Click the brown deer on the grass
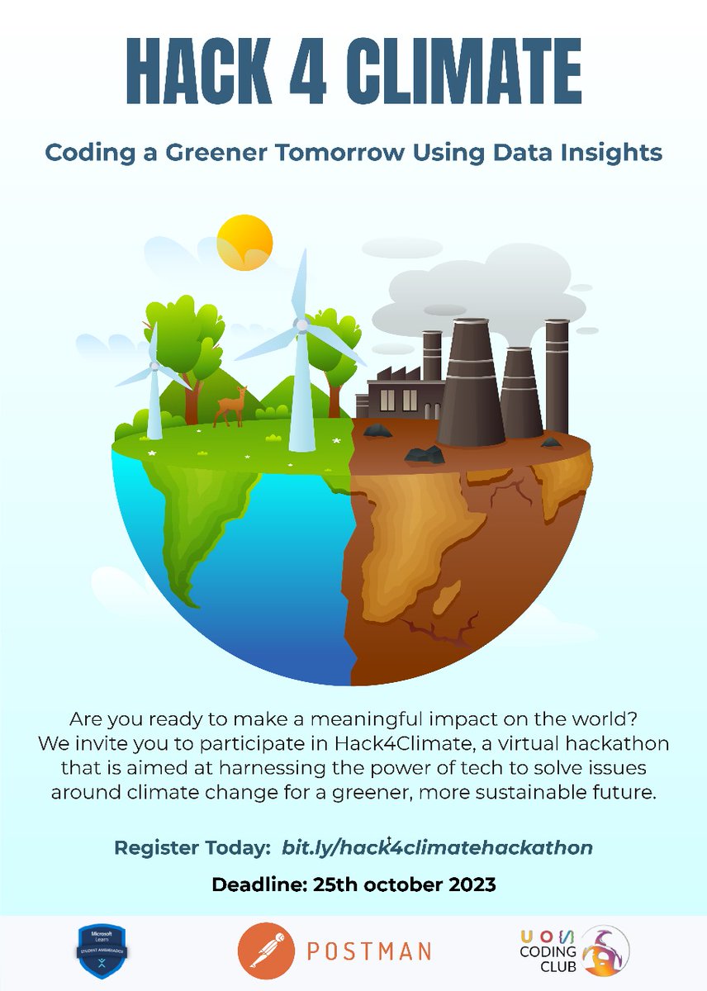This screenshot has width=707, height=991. pos(230,408)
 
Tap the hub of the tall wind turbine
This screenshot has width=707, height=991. pos(302,325)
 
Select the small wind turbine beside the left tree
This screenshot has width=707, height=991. pos(154,388)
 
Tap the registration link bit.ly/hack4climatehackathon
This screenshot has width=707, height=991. pos(437,848)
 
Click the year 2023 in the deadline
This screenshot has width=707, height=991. pos(467,885)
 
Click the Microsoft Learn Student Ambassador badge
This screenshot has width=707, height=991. pos(98,951)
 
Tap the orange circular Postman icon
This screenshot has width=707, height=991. pos(266,951)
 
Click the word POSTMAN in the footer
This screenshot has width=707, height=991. pos(369,951)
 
